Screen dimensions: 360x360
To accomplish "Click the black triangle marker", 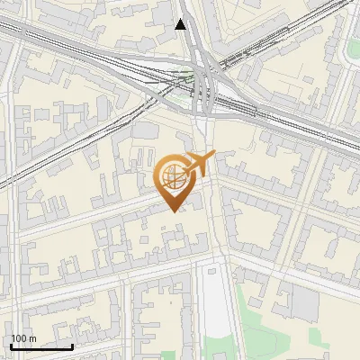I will tap(182, 24).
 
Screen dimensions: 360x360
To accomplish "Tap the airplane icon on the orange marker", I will tap(197, 165).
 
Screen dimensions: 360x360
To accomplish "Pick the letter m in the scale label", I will tap(33, 339).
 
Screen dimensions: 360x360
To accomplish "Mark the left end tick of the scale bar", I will tap(12, 346).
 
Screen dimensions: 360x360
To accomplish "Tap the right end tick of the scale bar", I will tap(73, 346).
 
